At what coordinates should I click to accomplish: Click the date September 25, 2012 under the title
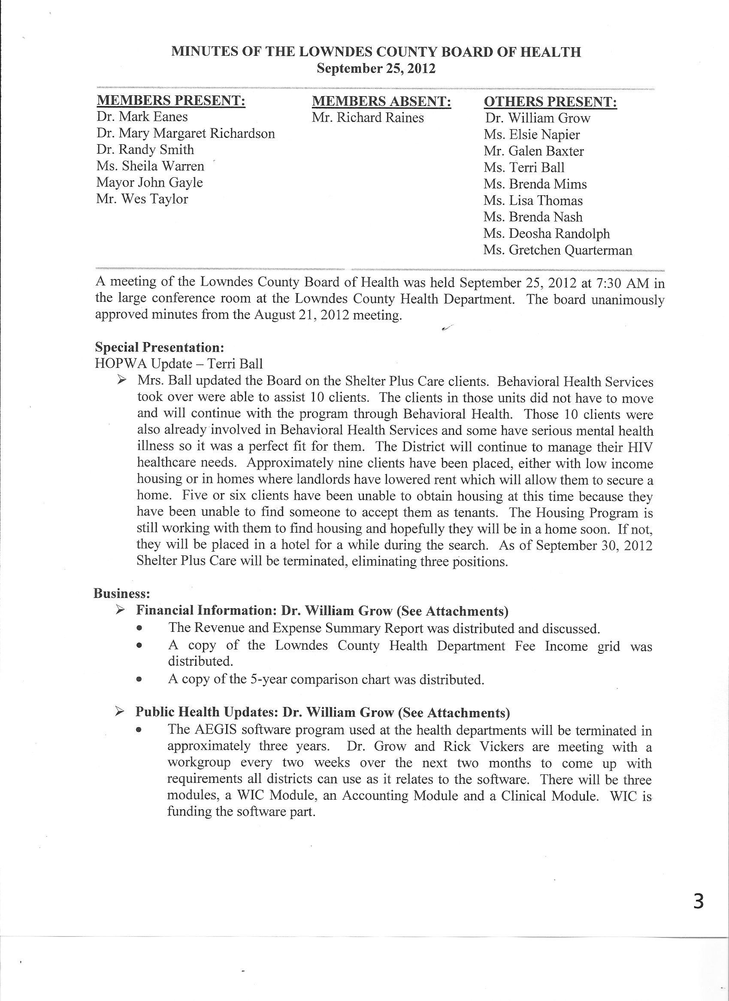point(376,69)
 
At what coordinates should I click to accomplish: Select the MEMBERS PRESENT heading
point(171,100)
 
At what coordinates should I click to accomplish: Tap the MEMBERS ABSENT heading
point(381,101)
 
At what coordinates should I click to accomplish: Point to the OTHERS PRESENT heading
point(550,102)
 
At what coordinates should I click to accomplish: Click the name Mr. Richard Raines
point(368,118)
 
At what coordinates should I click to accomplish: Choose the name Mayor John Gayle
point(150,183)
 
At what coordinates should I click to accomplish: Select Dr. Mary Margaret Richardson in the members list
point(185,133)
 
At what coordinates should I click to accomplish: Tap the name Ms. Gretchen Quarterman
point(557,250)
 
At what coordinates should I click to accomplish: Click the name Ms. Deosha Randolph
point(546,234)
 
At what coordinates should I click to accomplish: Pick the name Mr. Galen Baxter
point(533,152)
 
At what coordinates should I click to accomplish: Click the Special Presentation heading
point(160,347)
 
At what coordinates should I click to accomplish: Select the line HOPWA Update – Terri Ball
point(179,364)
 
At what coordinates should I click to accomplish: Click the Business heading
point(122,594)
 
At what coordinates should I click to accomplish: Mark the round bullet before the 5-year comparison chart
point(139,679)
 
